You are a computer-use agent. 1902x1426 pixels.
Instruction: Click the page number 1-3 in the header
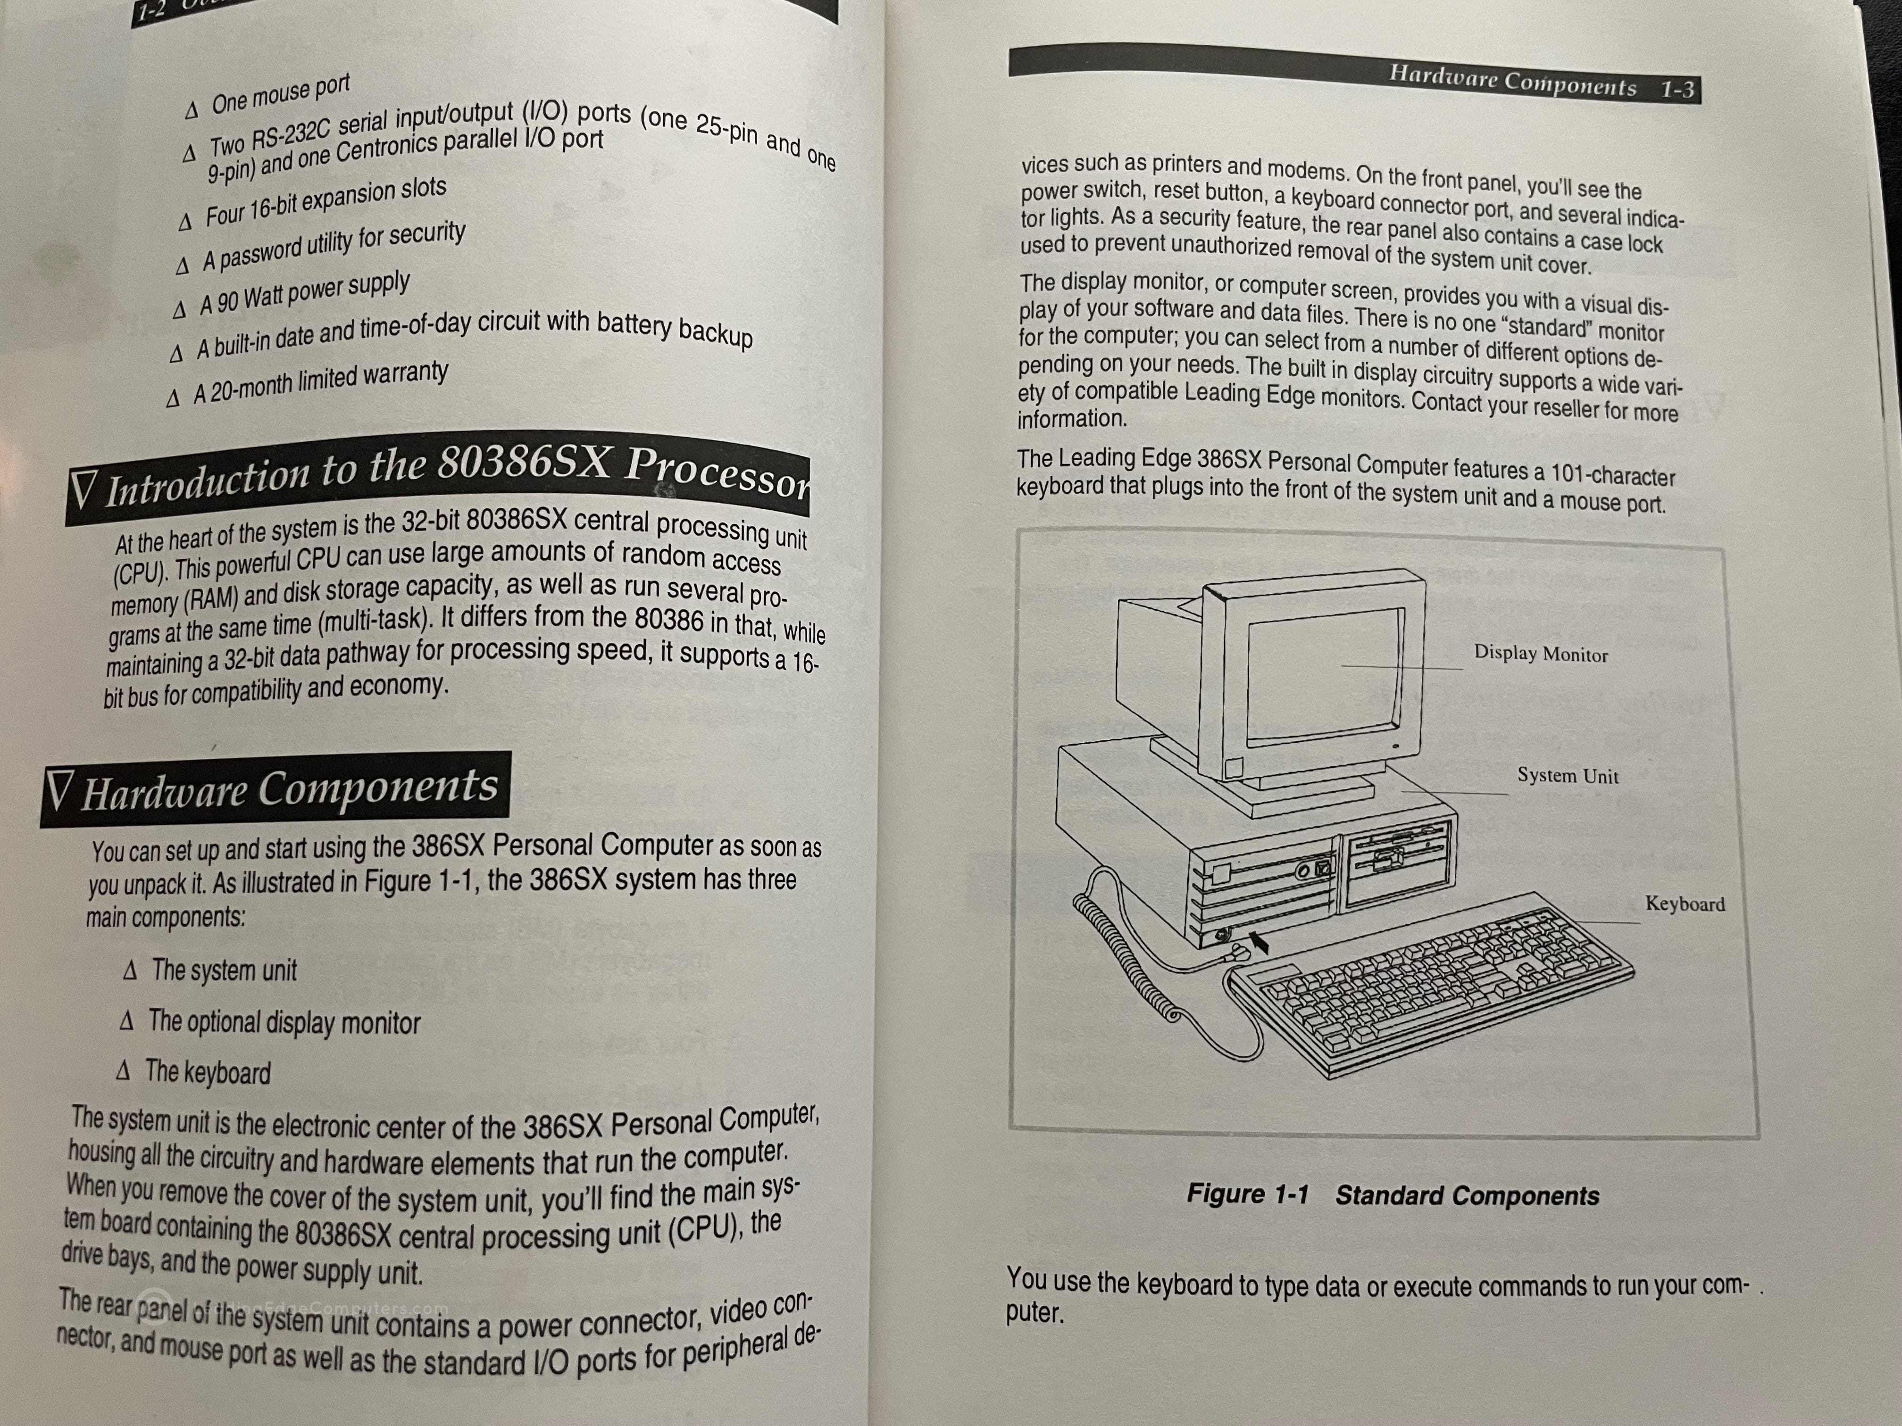1676,90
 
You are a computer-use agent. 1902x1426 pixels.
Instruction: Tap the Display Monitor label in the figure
1540,654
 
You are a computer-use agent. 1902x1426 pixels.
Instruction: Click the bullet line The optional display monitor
284,1023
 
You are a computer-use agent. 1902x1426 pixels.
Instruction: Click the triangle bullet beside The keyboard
124,1071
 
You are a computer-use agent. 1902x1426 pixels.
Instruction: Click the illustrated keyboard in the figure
1427,988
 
